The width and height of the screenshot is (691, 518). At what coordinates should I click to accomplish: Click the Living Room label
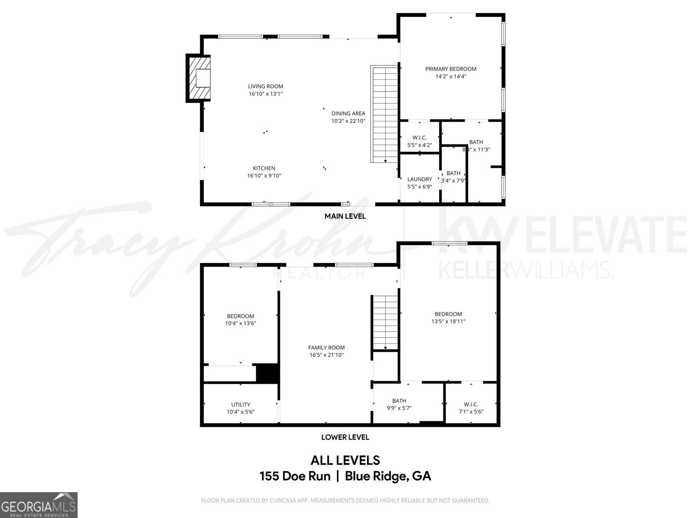coord(266,86)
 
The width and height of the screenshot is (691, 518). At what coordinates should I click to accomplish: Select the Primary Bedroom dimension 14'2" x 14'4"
coord(450,76)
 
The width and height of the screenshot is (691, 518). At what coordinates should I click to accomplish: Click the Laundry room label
coord(419,179)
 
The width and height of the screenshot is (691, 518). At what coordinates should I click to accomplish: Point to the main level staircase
coord(384,114)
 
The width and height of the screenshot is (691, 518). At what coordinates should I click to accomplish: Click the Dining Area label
coord(348,114)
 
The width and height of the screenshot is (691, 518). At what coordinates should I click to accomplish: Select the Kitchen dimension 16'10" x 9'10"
coord(264,176)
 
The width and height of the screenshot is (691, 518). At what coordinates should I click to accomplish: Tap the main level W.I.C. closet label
coord(419,138)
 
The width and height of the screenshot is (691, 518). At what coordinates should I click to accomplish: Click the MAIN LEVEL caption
coord(345,216)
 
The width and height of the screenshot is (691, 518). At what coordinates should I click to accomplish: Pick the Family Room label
coord(326,347)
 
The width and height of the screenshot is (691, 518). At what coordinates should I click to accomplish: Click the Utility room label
coord(241,404)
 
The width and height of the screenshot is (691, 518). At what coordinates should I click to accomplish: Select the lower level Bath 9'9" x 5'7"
coord(399,404)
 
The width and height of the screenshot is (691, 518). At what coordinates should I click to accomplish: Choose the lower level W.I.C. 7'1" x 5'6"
coord(471,408)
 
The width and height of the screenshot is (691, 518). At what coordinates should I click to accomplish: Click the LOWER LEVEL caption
coord(345,437)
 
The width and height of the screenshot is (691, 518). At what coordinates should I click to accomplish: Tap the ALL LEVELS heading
coord(345,460)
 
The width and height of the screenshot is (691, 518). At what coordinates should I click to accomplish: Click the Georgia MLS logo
coord(38,505)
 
